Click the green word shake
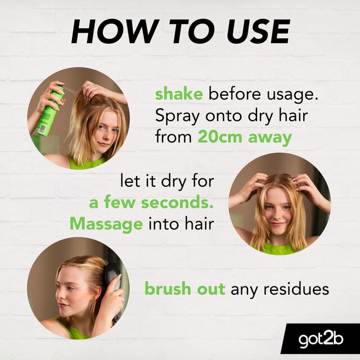tap(178, 93)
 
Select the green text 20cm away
tap(244, 137)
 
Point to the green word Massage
tap(106, 224)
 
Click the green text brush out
tap(184, 289)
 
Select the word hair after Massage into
tap(200, 224)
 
